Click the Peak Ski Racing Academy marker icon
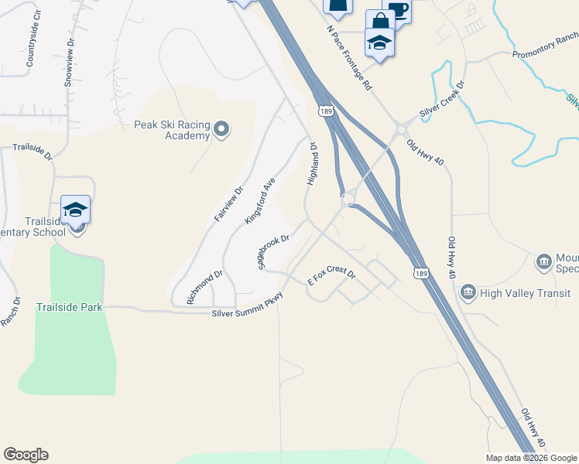coord(221,128)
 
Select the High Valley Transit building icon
coord(468,292)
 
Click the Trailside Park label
coord(70,307)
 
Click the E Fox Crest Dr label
coord(331,277)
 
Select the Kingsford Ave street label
coord(260,201)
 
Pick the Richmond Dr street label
coord(205,286)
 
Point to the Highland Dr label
coord(313,163)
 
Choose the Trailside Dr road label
coord(32,152)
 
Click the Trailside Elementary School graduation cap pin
coord(75,210)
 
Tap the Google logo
coord(26,455)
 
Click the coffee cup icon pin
coord(398,10)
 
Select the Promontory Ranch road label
coord(545,46)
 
